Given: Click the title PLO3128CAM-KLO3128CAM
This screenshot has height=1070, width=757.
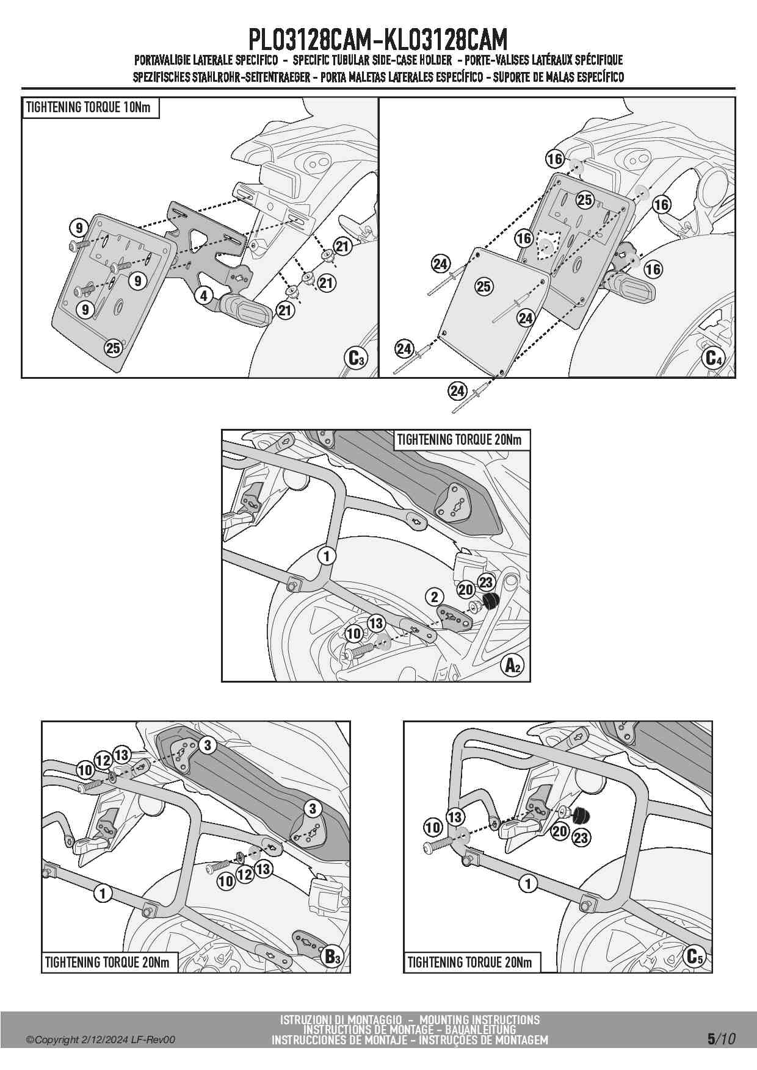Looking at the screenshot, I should (x=378, y=40).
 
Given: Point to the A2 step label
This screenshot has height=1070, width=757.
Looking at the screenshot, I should (x=512, y=666).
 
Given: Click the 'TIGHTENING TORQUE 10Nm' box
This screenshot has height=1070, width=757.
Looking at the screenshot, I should (x=90, y=108).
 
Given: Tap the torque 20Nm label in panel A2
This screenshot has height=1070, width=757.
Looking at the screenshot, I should (x=459, y=439).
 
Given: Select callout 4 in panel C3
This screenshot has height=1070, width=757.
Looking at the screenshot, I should (x=203, y=296).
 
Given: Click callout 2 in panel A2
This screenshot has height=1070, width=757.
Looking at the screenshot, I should (x=434, y=596).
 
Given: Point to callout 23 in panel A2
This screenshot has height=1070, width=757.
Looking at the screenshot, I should (x=485, y=582).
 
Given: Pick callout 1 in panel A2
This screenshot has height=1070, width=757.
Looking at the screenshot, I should (x=327, y=556).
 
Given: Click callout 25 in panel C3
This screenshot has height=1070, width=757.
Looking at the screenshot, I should (x=113, y=348).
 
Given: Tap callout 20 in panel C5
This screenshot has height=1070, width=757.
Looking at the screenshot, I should (x=560, y=830).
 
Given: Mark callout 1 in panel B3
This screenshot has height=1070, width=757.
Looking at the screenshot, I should (x=103, y=894).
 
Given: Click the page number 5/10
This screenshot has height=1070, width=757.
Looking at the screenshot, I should (x=721, y=1039).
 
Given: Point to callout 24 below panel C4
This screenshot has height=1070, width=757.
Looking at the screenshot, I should (x=457, y=391).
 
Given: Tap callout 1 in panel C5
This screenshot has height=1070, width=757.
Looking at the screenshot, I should (x=528, y=883).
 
